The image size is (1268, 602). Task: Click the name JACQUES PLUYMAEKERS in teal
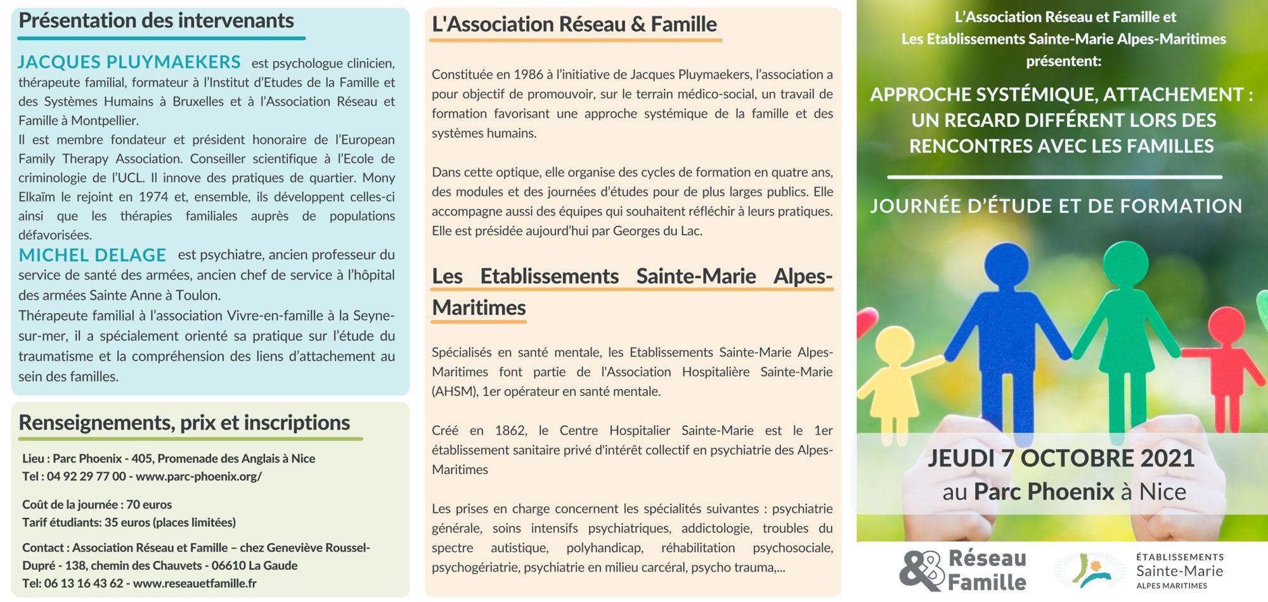[x=129, y=62]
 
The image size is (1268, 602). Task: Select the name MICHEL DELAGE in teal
[x=93, y=255]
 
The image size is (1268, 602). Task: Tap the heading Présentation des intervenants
[x=156, y=21]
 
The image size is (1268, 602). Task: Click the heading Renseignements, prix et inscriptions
[x=184, y=423]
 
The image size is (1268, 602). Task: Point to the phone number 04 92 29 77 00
[x=86, y=477]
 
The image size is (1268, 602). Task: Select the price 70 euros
[x=149, y=505]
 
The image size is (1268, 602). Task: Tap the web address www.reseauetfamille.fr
[x=195, y=583]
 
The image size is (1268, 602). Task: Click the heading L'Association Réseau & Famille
[x=574, y=25]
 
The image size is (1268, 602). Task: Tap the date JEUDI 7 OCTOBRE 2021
[x=1061, y=458]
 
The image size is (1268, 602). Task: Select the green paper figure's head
[x=1126, y=262]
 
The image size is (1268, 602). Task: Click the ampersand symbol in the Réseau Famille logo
[x=921, y=570]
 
